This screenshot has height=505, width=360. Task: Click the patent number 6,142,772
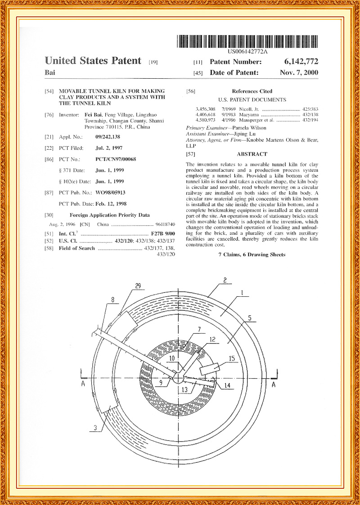[301, 62]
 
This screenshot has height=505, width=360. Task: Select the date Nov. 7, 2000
[298, 72]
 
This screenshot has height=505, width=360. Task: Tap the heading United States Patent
[93, 61]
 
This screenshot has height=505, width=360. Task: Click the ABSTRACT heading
[252, 154]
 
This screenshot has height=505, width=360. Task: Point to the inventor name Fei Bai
[93, 115]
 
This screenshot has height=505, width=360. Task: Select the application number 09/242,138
[108, 136]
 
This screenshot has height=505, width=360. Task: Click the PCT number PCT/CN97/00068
[116, 159]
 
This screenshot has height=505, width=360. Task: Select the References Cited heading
[252, 91]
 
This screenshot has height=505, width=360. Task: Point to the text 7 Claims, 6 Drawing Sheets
[252, 255]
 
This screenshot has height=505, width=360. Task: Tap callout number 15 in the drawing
[232, 358]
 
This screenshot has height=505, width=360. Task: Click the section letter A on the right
[274, 385]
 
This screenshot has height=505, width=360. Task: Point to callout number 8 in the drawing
[112, 299]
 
